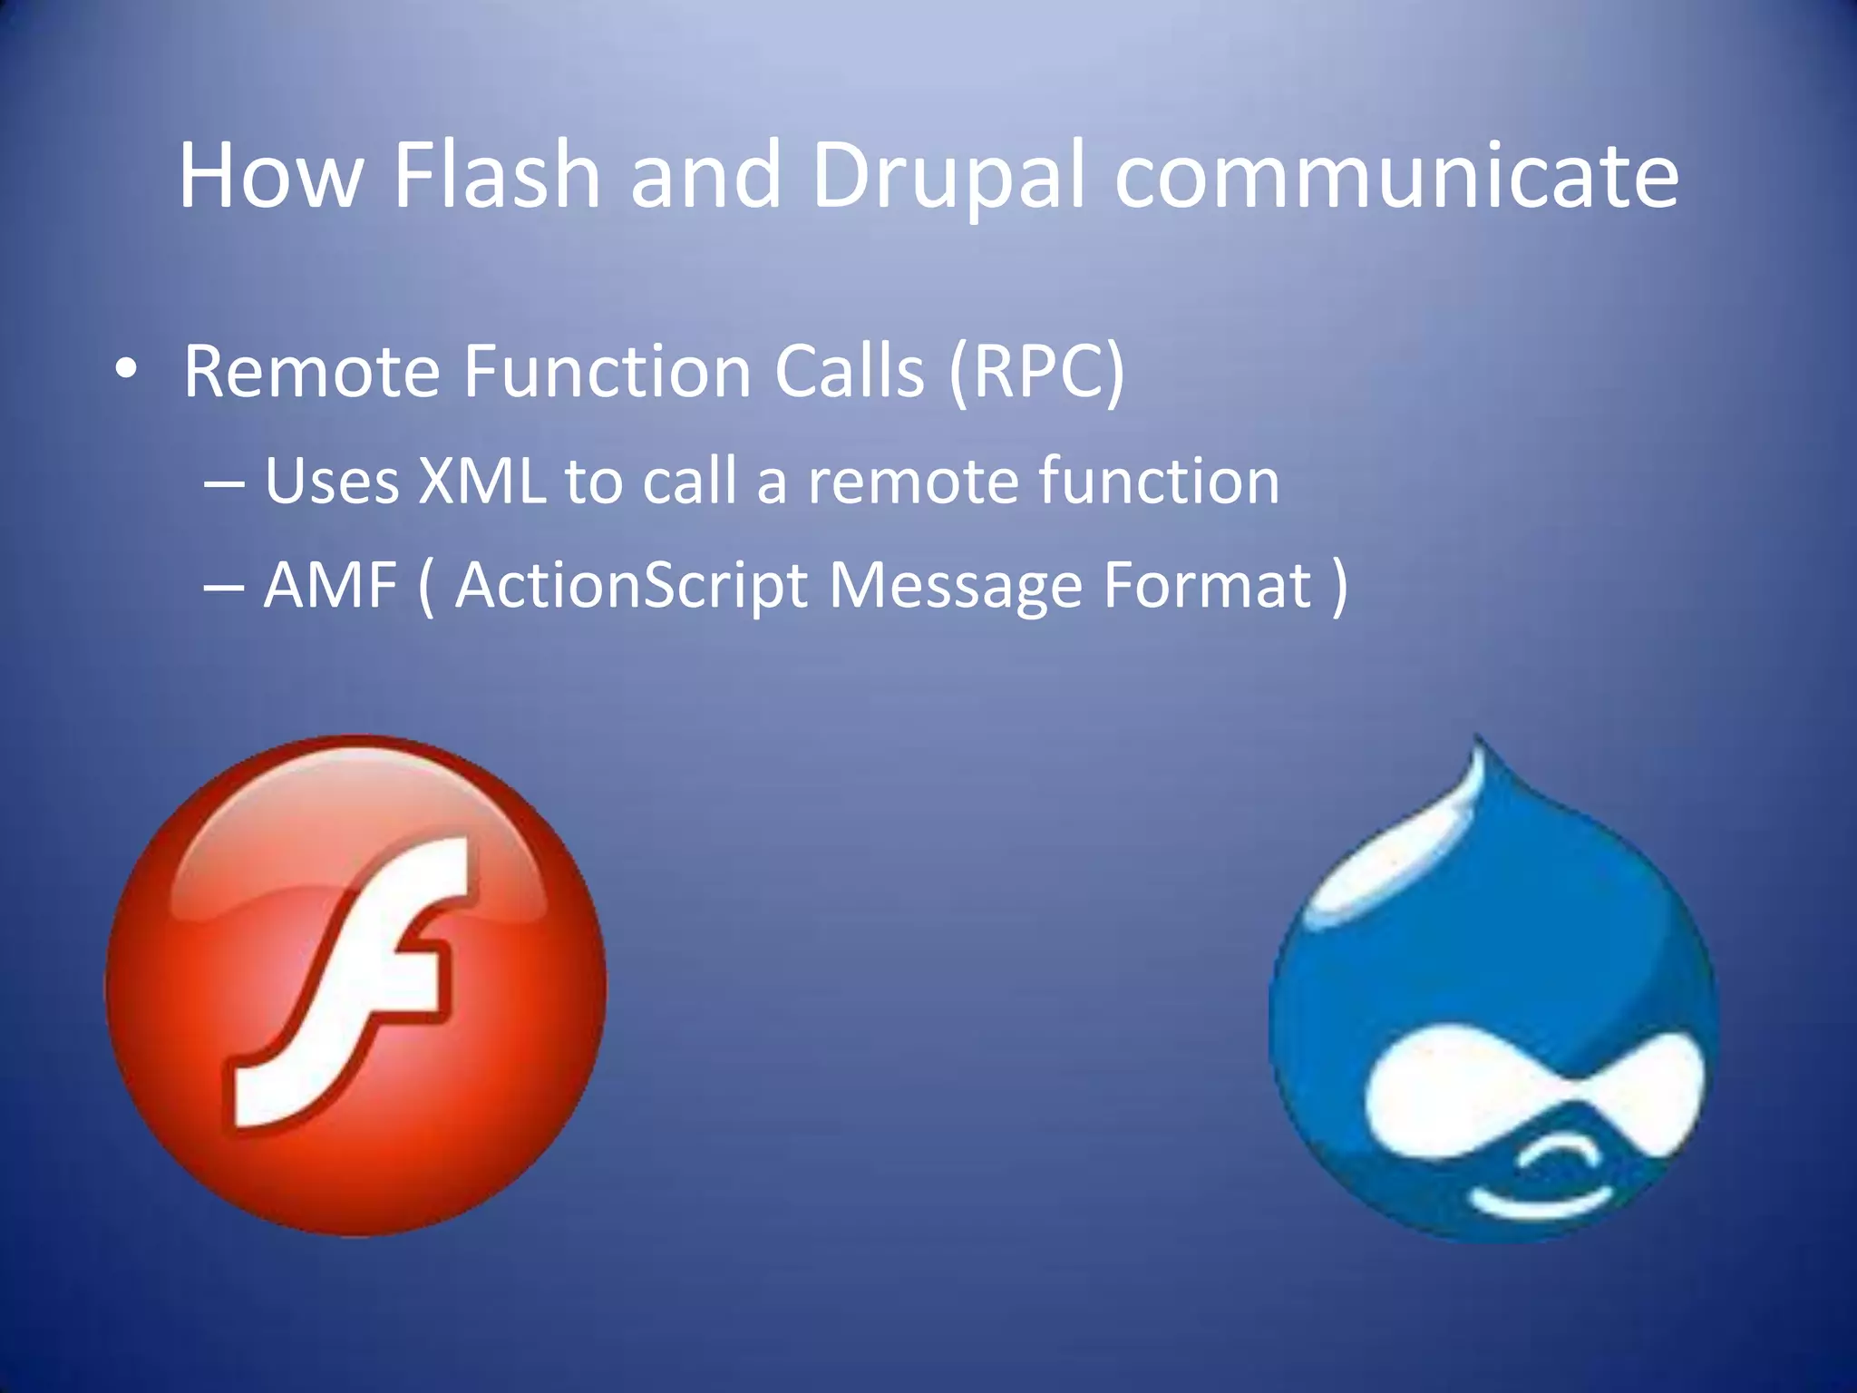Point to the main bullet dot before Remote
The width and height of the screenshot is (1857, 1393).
tap(126, 370)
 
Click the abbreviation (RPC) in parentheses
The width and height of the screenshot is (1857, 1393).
tap(1036, 372)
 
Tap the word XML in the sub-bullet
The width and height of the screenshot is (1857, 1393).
tap(481, 481)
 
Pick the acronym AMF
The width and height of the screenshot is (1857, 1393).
tap(330, 586)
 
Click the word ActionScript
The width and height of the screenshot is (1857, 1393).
tap(630, 586)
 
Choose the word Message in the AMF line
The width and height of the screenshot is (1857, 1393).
tap(955, 586)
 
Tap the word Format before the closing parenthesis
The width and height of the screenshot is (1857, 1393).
tap(1207, 586)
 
